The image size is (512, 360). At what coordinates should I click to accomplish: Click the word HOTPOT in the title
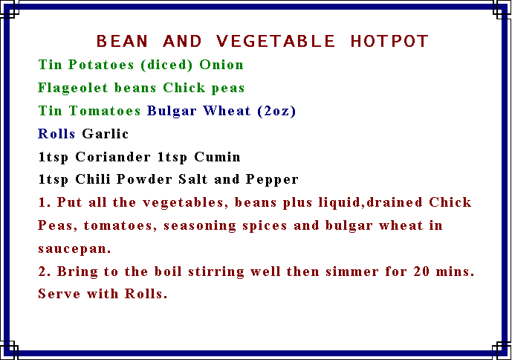click(389, 41)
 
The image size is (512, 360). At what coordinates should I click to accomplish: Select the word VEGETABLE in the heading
click(275, 41)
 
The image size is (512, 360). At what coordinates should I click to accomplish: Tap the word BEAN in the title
click(122, 41)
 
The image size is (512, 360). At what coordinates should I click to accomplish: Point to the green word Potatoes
click(101, 65)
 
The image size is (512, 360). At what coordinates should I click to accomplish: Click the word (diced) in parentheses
click(166, 65)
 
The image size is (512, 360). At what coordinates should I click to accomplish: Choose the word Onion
click(221, 65)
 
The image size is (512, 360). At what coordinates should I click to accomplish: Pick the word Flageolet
click(73, 88)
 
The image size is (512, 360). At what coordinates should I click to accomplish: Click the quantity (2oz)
click(276, 111)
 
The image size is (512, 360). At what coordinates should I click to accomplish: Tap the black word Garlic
click(105, 134)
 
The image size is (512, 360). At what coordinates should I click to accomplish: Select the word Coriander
click(113, 157)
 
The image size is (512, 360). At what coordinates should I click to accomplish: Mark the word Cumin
click(218, 157)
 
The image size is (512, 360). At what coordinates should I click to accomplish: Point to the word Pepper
click(272, 179)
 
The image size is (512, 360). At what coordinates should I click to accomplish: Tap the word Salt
click(192, 179)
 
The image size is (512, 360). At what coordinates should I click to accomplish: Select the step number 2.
click(44, 271)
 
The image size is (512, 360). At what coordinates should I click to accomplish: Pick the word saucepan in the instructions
click(74, 249)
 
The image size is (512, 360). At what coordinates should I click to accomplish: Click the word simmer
click(352, 271)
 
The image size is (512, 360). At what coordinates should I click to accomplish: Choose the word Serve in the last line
click(59, 294)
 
